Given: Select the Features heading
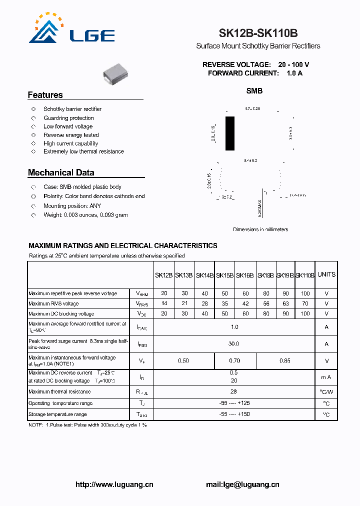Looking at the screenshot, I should coord(45,95).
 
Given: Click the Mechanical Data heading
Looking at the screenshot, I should coord(61,172).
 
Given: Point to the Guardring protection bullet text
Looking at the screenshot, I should coord(68,118).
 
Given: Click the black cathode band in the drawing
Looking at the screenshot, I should coord(229,133).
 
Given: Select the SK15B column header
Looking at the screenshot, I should coord(224,275).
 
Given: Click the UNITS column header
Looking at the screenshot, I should coord(326,274).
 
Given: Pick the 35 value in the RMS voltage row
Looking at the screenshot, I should coord(224,303).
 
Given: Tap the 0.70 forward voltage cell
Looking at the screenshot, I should coord(234,360).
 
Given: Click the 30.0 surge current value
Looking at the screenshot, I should coord(233,344).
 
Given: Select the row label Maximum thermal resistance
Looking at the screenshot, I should coord(59,392).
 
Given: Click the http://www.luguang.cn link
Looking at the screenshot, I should coord(114,484).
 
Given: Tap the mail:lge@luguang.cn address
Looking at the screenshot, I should coord(242,484).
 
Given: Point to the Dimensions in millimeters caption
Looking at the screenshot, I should coord(260,229).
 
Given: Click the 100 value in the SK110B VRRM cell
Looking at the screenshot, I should coord(305,293).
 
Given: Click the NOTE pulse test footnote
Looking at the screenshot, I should coord(87,424).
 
